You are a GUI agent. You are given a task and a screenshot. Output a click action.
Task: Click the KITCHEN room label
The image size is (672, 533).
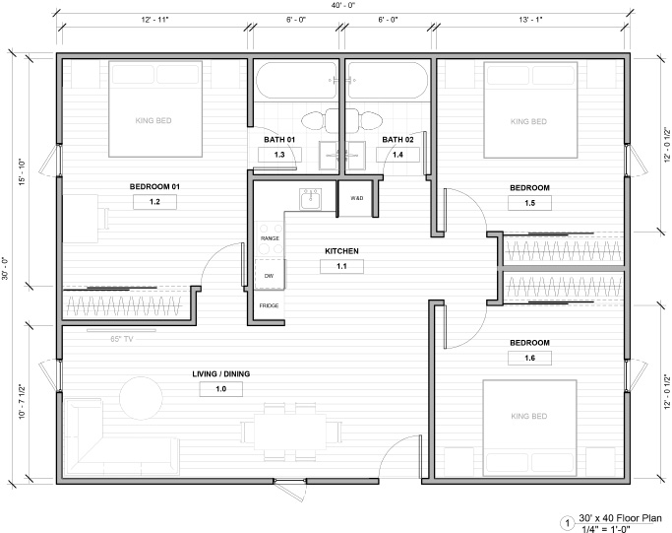pyautogui.click(x=341, y=251)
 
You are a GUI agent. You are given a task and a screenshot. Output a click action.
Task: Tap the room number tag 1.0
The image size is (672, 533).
pyautogui.click(x=221, y=389)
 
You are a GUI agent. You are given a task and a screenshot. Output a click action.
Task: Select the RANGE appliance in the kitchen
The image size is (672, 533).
pyautogui.click(x=270, y=239)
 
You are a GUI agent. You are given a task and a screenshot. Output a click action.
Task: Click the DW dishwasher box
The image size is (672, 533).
pyautogui.click(x=270, y=274)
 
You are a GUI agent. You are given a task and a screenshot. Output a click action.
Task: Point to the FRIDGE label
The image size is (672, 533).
pyautogui.click(x=270, y=305)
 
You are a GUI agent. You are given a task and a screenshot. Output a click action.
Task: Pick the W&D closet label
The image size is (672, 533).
pyautogui.click(x=356, y=198)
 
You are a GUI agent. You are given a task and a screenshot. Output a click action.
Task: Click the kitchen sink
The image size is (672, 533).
pyautogui.click(x=310, y=199)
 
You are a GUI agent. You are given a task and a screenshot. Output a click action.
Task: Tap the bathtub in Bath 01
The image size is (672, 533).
pyautogui.click(x=296, y=80)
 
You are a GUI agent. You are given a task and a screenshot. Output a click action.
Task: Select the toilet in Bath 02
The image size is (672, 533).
pyautogui.click(x=369, y=121)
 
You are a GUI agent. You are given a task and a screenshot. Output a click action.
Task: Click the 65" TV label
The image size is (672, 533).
pyautogui.click(x=122, y=339)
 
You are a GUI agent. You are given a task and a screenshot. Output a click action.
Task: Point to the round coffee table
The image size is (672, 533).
pyautogui.click(x=141, y=398)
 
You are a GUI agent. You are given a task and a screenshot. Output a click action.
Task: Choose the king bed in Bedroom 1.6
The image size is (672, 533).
pyautogui.click(x=529, y=428)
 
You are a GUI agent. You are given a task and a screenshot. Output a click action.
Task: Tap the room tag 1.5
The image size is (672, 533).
pyautogui.click(x=529, y=203)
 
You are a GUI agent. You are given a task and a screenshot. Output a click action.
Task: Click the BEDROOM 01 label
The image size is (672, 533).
pyautogui.click(x=154, y=186)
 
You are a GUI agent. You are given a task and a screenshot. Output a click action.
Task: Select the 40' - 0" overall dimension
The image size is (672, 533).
pyautogui.click(x=342, y=5)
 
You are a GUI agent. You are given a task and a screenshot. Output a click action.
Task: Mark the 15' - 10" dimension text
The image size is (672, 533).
pyautogui.click(x=22, y=172)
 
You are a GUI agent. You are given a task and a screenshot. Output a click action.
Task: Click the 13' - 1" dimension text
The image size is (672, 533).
pyautogui.click(x=530, y=20)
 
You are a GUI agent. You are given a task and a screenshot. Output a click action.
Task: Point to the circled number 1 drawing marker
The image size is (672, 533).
pyautogui.click(x=568, y=523)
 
